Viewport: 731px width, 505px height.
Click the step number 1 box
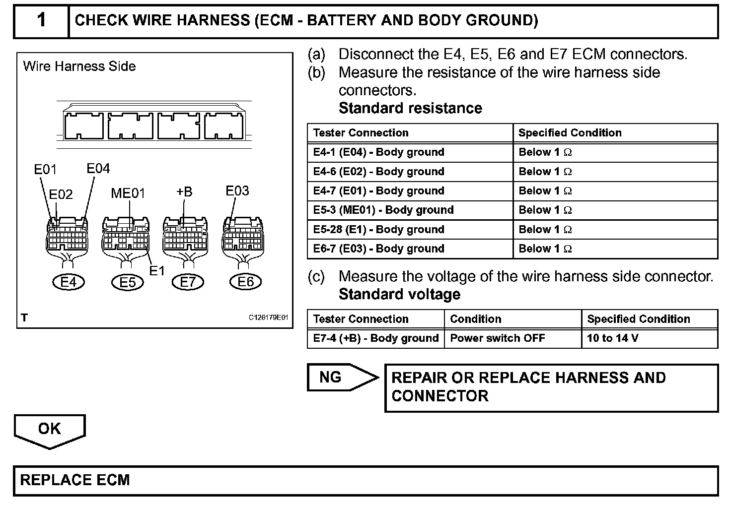41,21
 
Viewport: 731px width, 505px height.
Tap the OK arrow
50,430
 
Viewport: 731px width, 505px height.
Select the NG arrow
340,378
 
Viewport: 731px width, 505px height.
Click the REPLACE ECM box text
75,480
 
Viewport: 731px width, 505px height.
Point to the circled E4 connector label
69,282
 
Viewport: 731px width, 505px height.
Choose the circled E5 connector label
128,282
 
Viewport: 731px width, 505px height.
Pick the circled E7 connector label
188,282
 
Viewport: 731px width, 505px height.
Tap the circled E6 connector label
246,282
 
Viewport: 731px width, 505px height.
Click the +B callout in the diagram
184,191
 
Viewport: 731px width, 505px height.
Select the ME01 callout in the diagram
128,193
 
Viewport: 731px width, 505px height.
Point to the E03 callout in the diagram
237,191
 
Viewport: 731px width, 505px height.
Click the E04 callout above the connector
98,169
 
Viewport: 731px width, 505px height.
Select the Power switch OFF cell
498,338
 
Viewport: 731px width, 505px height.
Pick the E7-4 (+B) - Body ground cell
376,338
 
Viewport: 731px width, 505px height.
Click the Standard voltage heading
399,294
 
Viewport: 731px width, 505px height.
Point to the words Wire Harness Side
79,66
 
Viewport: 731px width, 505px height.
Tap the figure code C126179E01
269,318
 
